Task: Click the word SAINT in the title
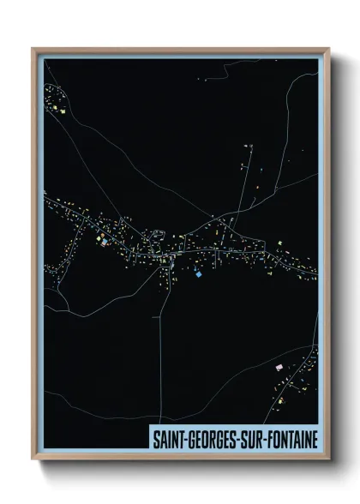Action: click(x=167, y=437)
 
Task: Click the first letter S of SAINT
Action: click(x=155, y=437)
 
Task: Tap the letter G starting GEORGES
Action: click(x=189, y=437)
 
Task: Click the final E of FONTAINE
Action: click(x=313, y=437)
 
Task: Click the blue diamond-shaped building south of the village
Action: click(x=200, y=274)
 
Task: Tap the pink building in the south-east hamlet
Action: click(x=279, y=367)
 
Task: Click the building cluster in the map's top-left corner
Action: click(x=58, y=101)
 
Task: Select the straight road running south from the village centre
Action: click(x=159, y=343)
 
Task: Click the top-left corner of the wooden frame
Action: click(x=33, y=49)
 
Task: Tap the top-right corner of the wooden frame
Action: click(x=328, y=49)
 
